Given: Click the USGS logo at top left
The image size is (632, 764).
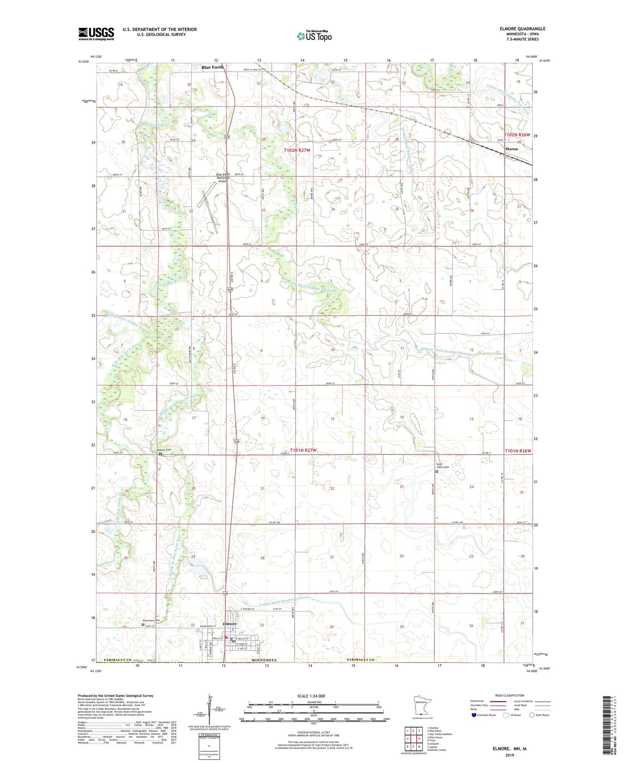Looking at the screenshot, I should pyautogui.click(x=96, y=34).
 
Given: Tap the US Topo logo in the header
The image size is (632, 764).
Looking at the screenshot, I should pyautogui.click(x=314, y=36).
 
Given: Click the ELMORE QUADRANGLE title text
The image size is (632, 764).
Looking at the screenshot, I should pyautogui.click(x=522, y=29).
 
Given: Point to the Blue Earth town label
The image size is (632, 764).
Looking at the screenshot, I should pyautogui.click(x=212, y=67).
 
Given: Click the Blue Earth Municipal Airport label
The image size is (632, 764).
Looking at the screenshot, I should pyautogui.click(x=223, y=177).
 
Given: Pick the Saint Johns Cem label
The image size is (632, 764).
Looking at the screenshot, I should pyautogui.click(x=442, y=466).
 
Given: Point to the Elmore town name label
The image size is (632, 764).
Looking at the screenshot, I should pyautogui.click(x=230, y=624).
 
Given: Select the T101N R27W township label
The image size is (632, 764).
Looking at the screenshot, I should pyautogui.click(x=303, y=450).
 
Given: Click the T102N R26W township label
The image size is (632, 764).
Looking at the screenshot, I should pyautogui.click(x=517, y=135).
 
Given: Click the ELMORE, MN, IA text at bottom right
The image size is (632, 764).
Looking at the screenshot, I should pyautogui.click(x=510, y=749).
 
